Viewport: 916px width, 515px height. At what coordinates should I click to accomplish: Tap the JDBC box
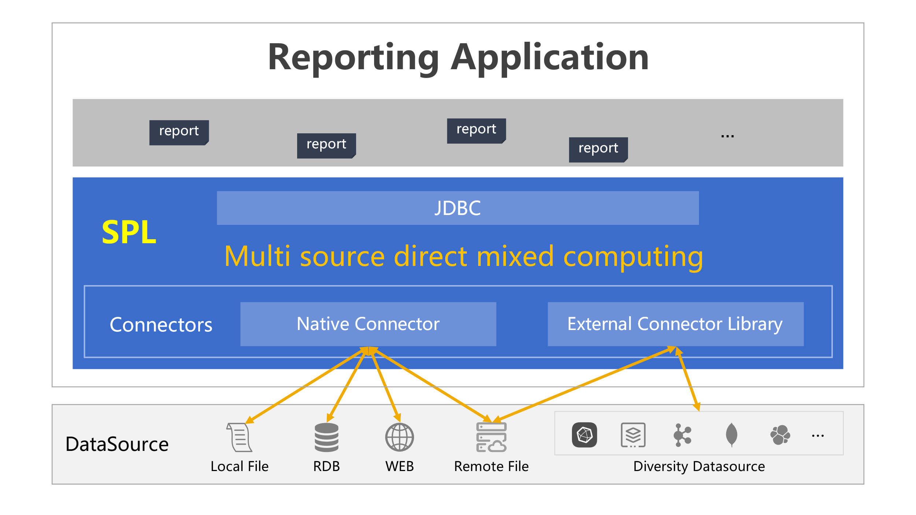(x=458, y=208)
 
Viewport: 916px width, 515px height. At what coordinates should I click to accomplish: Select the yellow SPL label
(x=129, y=232)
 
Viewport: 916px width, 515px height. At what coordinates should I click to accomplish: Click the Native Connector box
(x=368, y=324)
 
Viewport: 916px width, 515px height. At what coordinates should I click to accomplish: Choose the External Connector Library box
(x=675, y=324)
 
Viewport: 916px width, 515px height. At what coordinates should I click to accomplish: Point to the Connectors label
(x=161, y=325)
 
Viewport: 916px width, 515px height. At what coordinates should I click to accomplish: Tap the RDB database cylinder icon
(x=326, y=437)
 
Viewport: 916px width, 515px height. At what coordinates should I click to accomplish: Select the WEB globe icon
(x=399, y=437)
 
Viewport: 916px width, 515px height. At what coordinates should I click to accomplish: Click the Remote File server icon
(x=491, y=437)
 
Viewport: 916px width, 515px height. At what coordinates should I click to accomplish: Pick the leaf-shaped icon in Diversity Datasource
(x=731, y=435)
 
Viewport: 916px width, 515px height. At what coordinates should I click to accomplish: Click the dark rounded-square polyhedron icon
(x=584, y=435)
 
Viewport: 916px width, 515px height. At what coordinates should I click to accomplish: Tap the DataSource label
(x=117, y=444)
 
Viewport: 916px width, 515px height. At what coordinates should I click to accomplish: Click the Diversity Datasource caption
(x=699, y=466)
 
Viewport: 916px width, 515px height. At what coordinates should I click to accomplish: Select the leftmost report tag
(x=179, y=132)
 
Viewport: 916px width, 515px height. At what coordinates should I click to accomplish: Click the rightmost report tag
(x=598, y=149)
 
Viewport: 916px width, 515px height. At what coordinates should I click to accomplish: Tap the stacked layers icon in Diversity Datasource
(x=633, y=435)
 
